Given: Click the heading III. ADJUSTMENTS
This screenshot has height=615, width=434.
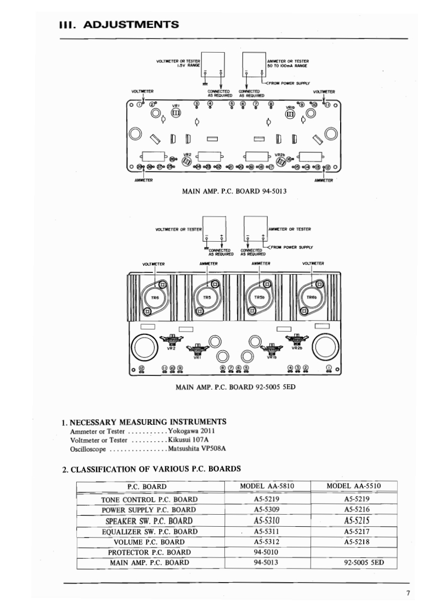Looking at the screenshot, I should [119, 24].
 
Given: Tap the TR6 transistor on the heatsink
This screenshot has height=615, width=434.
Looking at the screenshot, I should [155, 298].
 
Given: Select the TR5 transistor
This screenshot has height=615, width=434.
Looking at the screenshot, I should [207, 298].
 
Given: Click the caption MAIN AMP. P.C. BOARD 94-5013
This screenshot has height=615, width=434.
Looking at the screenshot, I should [234, 192].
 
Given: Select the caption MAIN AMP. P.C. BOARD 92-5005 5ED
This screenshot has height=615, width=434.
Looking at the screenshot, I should [235, 387].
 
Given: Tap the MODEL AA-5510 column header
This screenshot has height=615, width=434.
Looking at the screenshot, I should [353, 486].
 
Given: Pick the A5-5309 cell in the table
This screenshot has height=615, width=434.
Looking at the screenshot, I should [267, 510].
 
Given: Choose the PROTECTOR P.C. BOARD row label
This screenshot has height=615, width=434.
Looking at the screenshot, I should [149, 553].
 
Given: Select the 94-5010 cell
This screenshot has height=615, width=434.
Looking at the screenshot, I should [264, 552].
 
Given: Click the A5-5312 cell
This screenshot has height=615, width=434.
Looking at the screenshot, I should [267, 542].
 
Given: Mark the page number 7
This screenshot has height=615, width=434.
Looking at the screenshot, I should [408, 593].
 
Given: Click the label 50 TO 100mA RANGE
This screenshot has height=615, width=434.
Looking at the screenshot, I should [287, 65].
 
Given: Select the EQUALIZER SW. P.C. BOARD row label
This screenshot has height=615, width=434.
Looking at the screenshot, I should [149, 532].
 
